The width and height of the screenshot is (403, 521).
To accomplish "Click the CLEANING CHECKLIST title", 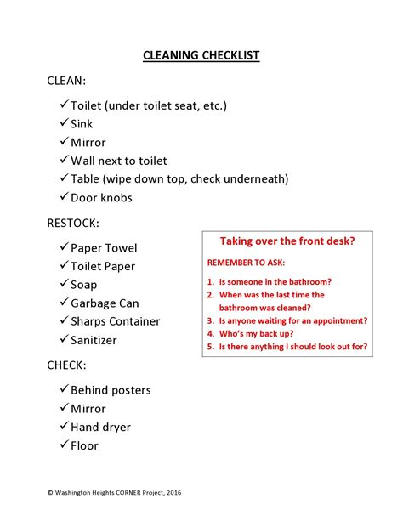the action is tap(201, 56).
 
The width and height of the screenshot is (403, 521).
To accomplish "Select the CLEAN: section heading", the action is tap(66, 81).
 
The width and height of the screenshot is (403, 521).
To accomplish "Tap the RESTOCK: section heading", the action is tap(73, 224).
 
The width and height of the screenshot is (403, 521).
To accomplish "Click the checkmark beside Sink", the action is tap(65, 123).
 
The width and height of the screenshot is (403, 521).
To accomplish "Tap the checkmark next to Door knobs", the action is tap(65, 197).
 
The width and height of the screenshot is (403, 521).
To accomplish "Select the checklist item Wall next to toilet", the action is tap(119, 161).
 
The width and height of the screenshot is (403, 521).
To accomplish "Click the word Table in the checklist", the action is tap(86, 179).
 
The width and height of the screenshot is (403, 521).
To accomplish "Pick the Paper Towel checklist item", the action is tap(104, 248).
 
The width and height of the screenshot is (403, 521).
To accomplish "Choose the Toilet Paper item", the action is tap(103, 267).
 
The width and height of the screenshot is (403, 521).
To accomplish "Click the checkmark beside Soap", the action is tap(65, 285).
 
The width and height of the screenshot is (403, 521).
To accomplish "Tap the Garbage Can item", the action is tap(105, 303).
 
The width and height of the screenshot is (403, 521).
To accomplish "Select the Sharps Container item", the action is tap(115, 322).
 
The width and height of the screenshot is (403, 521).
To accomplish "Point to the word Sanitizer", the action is tap(94, 341).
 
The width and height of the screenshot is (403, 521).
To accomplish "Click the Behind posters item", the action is tap(111, 390).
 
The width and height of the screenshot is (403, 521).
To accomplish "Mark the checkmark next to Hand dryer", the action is tap(65, 427).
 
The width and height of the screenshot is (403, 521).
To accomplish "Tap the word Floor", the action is tap(84, 445).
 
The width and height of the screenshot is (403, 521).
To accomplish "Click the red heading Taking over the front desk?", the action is tap(287, 241).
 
